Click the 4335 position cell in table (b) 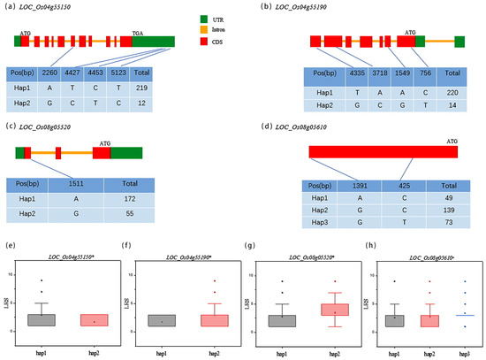point(354,74)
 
